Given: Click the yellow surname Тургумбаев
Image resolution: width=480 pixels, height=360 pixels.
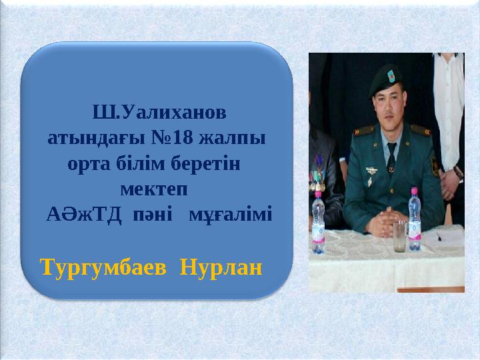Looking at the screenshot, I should point(97,269).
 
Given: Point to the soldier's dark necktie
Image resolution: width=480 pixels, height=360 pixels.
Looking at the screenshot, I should point(391,157).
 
